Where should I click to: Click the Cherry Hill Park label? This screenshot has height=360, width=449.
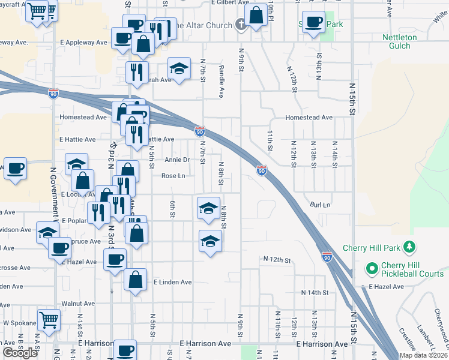371,247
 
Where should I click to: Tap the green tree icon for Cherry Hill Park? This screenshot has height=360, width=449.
409,247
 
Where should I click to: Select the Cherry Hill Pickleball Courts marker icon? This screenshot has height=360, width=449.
372,268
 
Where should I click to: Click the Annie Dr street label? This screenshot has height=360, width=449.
177,160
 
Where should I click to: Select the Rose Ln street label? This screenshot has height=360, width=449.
173,176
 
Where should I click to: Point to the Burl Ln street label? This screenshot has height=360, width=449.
321,205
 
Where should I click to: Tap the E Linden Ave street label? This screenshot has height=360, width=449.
172,282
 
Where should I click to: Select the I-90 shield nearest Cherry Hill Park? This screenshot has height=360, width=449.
327,257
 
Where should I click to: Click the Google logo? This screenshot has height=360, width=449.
20,353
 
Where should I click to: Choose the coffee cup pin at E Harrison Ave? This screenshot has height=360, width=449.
125,350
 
